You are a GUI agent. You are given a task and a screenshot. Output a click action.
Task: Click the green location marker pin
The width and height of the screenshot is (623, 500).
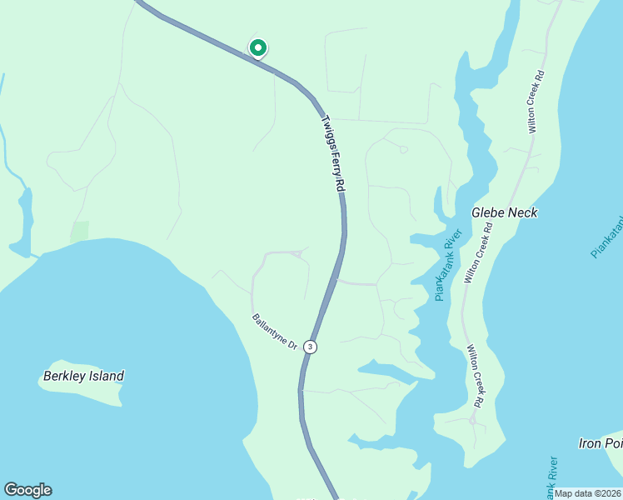pyautogui.click(x=258, y=48)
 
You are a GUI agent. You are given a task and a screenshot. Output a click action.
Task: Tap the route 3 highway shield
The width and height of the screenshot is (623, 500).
pyautogui.click(x=310, y=346)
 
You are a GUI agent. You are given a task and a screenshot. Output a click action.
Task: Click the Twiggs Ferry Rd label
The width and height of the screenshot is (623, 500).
pyautogui.click(x=333, y=154)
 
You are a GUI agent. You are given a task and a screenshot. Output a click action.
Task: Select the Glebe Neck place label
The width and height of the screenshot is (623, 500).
pyautogui.click(x=505, y=212)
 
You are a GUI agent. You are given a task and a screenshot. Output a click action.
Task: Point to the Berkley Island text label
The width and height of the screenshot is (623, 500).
pyautogui.click(x=83, y=376)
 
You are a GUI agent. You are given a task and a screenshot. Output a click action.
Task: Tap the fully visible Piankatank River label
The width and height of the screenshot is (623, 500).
pyautogui.click(x=447, y=266)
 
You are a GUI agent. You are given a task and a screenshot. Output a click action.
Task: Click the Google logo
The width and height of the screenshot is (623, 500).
pyautogui.click(x=27, y=490)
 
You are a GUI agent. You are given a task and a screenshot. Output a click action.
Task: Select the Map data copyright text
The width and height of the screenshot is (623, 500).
pyautogui.click(x=588, y=493)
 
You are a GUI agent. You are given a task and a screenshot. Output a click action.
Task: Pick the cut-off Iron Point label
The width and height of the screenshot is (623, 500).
pyautogui.click(x=601, y=443)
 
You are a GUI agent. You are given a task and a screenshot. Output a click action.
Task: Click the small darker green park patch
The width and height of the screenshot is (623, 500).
pyautogui.click(x=80, y=232)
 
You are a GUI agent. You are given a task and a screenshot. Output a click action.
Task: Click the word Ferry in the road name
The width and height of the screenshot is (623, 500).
pyautogui.click(x=334, y=157)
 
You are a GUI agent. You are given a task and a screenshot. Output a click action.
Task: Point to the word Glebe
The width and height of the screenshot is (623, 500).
pyautogui.click(x=488, y=212)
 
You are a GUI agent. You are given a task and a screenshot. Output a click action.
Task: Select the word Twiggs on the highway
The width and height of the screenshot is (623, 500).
pyautogui.click(x=326, y=129)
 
